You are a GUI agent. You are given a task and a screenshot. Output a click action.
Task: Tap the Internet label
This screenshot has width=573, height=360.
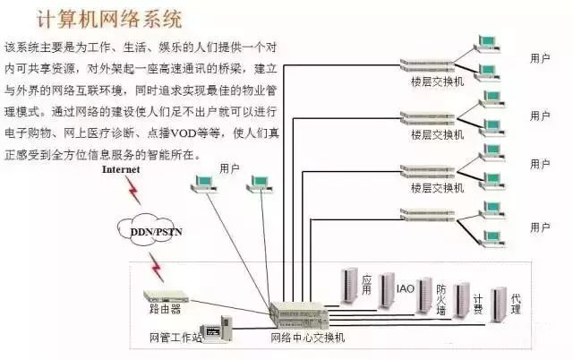coord(121,168)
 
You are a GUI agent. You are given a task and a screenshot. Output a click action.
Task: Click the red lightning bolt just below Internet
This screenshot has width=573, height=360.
coord(133,189)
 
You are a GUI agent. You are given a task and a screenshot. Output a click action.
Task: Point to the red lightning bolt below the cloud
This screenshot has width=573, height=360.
coord(157,266)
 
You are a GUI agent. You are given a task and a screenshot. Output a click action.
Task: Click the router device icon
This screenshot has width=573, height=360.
coord(166,296)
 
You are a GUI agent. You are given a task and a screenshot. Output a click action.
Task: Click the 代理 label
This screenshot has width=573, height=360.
coord(516,303)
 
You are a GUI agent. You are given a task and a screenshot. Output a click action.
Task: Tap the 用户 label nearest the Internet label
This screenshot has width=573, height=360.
coord(229,167)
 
